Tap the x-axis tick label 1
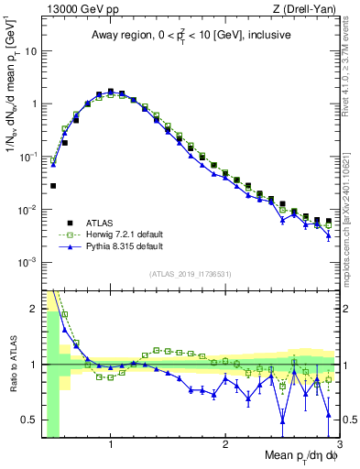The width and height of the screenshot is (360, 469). tap(111, 442)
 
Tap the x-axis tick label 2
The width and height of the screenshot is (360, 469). tap(225, 442)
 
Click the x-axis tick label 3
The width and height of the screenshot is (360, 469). tap(338, 442)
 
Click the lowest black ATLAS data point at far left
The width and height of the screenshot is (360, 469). tap(53, 186)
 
